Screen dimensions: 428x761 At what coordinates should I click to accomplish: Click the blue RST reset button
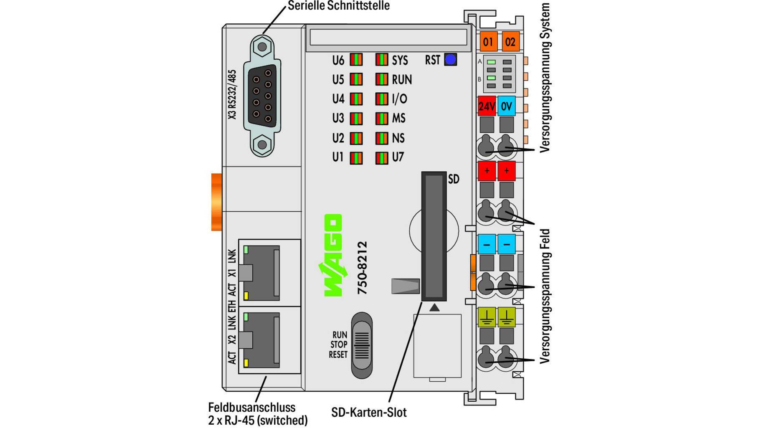pyautogui.click(x=450, y=60)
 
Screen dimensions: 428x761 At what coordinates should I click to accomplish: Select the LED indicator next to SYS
pyautogui.click(x=381, y=60)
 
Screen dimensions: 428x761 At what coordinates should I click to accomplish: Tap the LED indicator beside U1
pyautogui.click(x=356, y=158)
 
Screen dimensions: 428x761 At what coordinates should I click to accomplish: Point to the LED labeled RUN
pyautogui.click(x=381, y=79)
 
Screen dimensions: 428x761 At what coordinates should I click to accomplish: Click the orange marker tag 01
pyautogui.click(x=487, y=42)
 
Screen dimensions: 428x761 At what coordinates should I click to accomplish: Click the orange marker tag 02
pyautogui.click(x=510, y=42)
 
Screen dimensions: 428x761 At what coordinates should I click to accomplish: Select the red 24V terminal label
pyautogui.click(x=487, y=106)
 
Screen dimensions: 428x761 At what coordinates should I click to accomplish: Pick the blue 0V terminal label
pyautogui.click(x=506, y=106)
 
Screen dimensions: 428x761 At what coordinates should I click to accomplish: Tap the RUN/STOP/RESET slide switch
pyautogui.click(x=362, y=345)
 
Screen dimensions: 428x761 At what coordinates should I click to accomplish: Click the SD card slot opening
pyautogui.click(x=434, y=236)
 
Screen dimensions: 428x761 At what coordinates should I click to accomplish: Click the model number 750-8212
pyautogui.click(x=362, y=268)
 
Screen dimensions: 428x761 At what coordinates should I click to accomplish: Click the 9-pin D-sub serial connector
pyautogui.click(x=262, y=96)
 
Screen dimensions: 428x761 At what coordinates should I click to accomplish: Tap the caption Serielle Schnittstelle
pyautogui.click(x=338, y=6)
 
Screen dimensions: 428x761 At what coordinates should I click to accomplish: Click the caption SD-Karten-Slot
pyautogui.click(x=369, y=413)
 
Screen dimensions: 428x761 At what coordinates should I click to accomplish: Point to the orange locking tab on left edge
pyautogui.click(x=216, y=202)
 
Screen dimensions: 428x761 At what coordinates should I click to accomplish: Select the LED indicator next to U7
pyautogui.click(x=381, y=158)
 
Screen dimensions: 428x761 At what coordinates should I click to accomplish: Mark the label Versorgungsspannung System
pyautogui.click(x=545, y=78)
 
